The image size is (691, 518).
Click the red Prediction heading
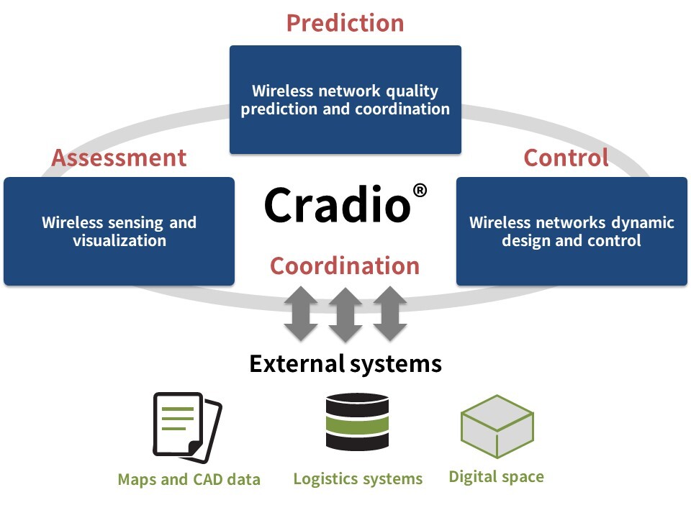[x=345, y=23]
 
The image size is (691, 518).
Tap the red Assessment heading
[x=119, y=158]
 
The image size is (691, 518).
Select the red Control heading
[x=566, y=158]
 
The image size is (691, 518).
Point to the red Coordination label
[x=345, y=265]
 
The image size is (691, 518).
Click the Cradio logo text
[x=338, y=204]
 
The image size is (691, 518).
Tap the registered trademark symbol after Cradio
[x=420, y=191]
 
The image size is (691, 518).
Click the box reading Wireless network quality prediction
[x=345, y=99]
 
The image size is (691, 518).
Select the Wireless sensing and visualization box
[x=119, y=231]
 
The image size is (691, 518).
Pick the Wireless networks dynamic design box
[x=572, y=231]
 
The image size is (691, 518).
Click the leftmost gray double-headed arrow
[x=301, y=314]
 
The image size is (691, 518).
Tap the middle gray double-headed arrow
[x=345, y=314]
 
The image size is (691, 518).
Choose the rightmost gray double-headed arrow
[x=390, y=314]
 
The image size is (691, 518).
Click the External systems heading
[x=345, y=364]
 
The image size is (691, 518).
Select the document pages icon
[x=187, y=427]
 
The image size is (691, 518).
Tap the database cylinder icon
[x=358, y=422]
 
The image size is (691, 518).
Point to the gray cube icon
[x=497, y=427]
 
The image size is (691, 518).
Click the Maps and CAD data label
[x=189, y=479]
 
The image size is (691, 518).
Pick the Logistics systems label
[x=358, y=479]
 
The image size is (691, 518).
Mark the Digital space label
[x=496, y=476]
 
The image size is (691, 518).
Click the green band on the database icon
[x=358, y=425]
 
